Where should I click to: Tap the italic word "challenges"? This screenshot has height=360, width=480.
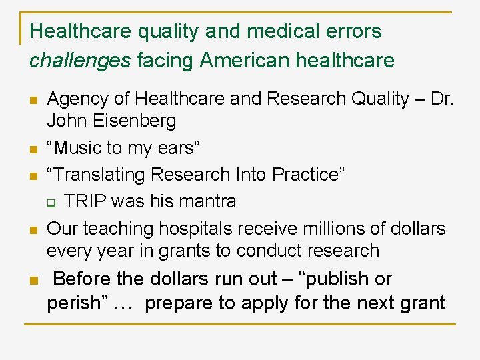click(x=80, y=61)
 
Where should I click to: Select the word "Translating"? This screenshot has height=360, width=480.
click(x=99, y=175)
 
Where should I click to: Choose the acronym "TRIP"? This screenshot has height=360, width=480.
click(x=85, y=201)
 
